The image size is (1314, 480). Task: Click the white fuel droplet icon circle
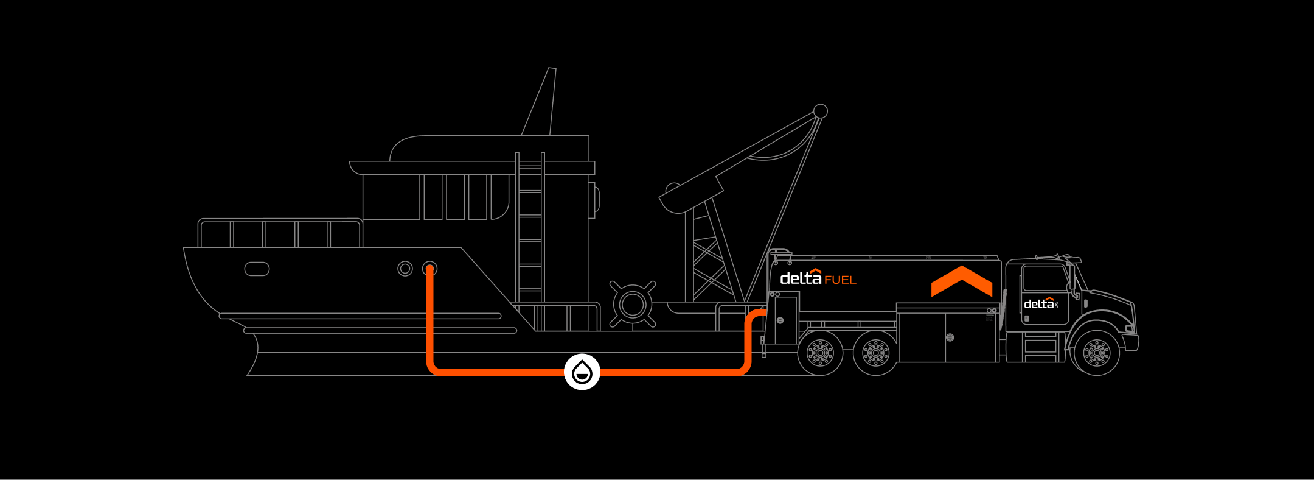coord(582,372)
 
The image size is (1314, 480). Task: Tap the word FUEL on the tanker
coord(840,280)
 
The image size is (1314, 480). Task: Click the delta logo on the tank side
coord(801,278)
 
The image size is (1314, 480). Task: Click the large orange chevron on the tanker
coord(961,281)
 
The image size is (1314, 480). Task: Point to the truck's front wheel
coord(1097,352)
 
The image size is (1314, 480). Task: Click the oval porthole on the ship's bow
coord(257,269)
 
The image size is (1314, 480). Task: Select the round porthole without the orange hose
coord(405,269)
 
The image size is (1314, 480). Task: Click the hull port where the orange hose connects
coord(429,269)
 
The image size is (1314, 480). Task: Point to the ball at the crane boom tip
coord(820,111)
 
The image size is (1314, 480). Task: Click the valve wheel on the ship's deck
coord(633,305)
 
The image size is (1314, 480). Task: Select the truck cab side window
coord(1045,278)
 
